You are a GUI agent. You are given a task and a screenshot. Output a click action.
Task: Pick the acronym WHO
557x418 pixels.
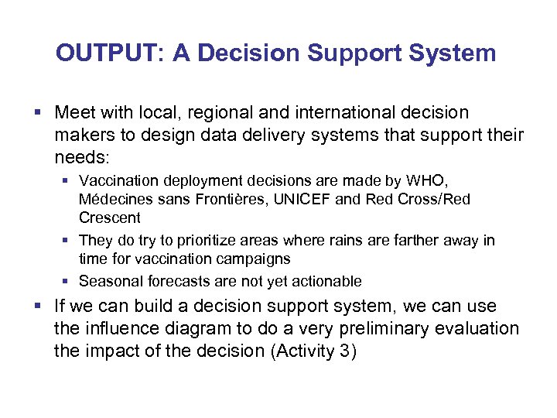(x=428, y=181)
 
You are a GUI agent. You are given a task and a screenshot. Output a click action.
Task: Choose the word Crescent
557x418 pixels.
(x=110, y=218)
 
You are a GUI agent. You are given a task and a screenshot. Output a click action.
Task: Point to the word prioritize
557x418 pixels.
(x=200, y=240)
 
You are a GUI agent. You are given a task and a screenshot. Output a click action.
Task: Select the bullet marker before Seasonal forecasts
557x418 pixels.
(x=67, y=281)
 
